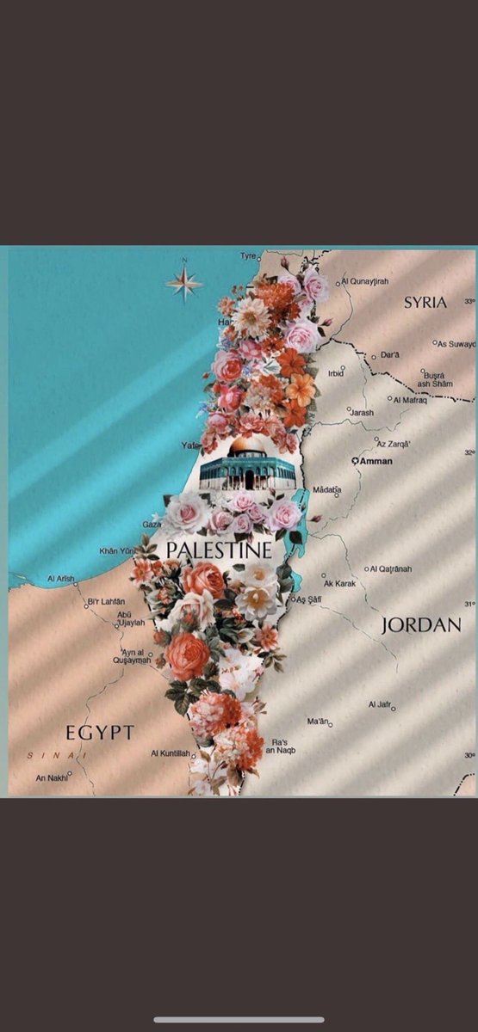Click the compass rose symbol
(183, 280)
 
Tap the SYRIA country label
(425, 302)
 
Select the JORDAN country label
(421, 625)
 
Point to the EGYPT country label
(100, 733)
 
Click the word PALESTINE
(218, 550)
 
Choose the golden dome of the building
(248, 445)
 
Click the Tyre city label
(248, 256)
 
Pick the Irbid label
(335, 373)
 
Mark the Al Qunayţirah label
(365, 281)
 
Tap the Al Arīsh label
(61, 578)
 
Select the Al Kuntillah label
(170, 753)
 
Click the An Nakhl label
(51, 777)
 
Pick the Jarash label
(362, 413)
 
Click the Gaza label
(152, 523)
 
